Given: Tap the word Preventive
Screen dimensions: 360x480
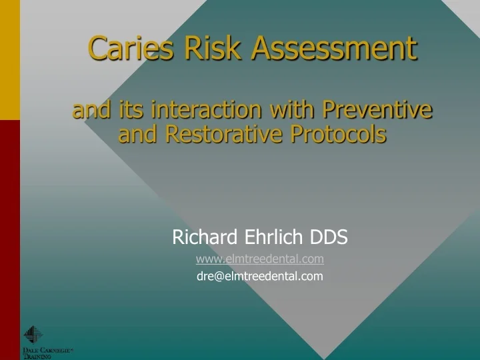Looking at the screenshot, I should [x=378, y=109].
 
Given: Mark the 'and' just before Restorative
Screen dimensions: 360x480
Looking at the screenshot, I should [x=137, y=134].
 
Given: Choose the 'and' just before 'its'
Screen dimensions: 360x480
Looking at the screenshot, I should [x=92, y=109].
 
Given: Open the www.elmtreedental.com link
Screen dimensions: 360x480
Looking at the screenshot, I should [x=260, y=259].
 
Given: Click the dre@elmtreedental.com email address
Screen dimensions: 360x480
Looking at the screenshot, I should [x=260, y=276].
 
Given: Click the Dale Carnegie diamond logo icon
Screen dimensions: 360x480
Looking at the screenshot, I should [x=33, y=335].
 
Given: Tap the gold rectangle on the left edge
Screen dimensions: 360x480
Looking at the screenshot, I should [x=9, y=60].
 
